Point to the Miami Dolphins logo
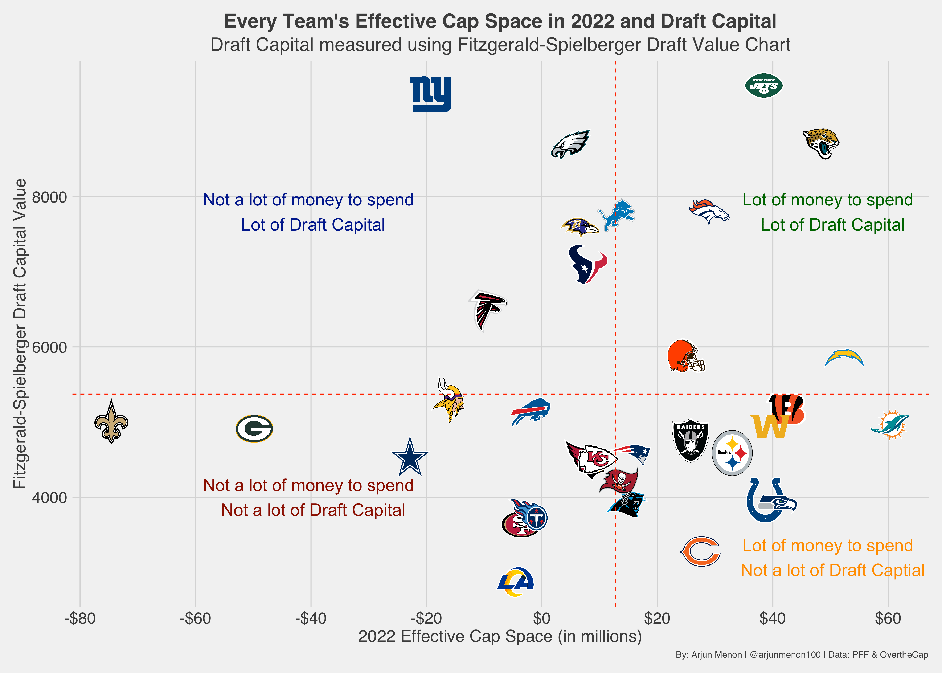(889, 425)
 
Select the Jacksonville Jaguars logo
(821, 143)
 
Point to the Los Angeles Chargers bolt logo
(844, 358)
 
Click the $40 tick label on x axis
(772, 619)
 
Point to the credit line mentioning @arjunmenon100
(802, 655)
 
